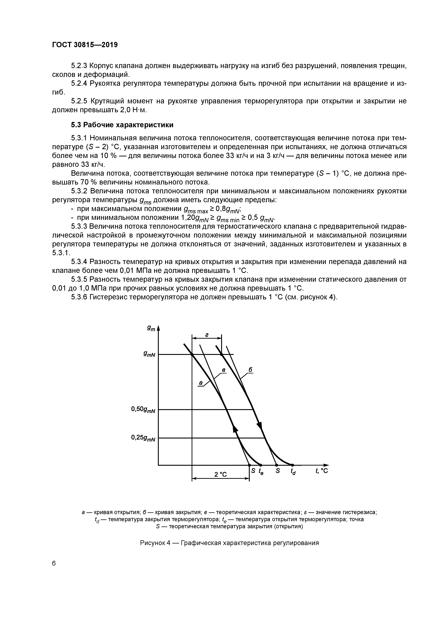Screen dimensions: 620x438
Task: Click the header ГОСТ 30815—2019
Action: point(85,45)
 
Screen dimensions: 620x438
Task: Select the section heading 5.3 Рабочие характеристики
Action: point(122,125)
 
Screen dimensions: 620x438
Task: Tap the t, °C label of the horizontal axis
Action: point(322,471)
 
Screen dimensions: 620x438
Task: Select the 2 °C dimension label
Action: point(220,474)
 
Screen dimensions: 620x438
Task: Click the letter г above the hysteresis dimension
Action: point(206,335)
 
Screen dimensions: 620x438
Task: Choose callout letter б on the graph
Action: point(250,370)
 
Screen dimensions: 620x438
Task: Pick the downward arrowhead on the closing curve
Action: point(259,425)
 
